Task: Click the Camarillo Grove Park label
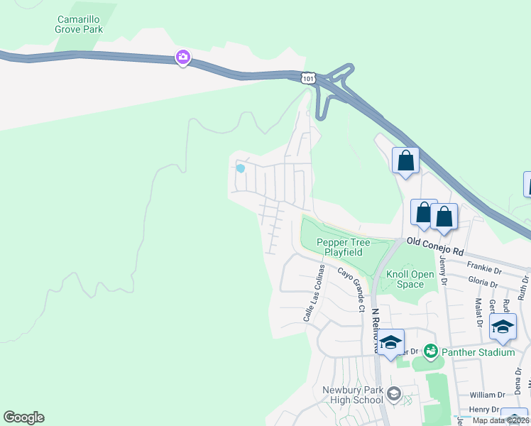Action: pos(79,24)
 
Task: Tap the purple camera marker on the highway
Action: pos(183,58)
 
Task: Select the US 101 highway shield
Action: pos(307,78)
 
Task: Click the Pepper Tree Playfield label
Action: pos(344,247)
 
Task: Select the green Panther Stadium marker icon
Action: pos(430,351)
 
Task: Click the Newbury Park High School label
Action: pos(353,395)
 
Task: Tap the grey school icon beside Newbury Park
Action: pos(394,393)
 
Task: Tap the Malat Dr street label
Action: pos(478,312)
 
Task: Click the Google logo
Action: pos(23,417)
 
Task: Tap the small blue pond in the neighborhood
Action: pos(241,168)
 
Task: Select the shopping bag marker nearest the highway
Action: pos(405,160)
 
